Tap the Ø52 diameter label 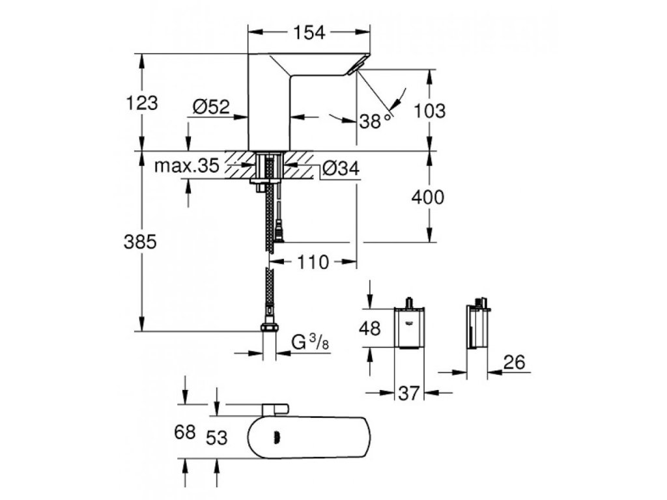[212, 107]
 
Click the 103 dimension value [429, 111]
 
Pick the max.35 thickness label [186, 166]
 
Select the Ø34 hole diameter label [340, 169]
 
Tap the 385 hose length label [141, 242]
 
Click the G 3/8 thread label [312, 341]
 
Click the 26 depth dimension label [515, 363]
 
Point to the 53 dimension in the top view [216, 437]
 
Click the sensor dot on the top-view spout [277, 438]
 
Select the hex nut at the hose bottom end [268, 327]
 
